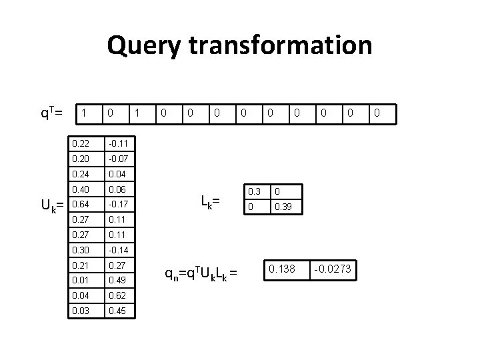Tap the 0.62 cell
pos(121,295)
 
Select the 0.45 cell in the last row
pos(121,310)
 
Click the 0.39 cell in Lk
pos(287,207)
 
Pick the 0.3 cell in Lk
pos(254,191)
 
